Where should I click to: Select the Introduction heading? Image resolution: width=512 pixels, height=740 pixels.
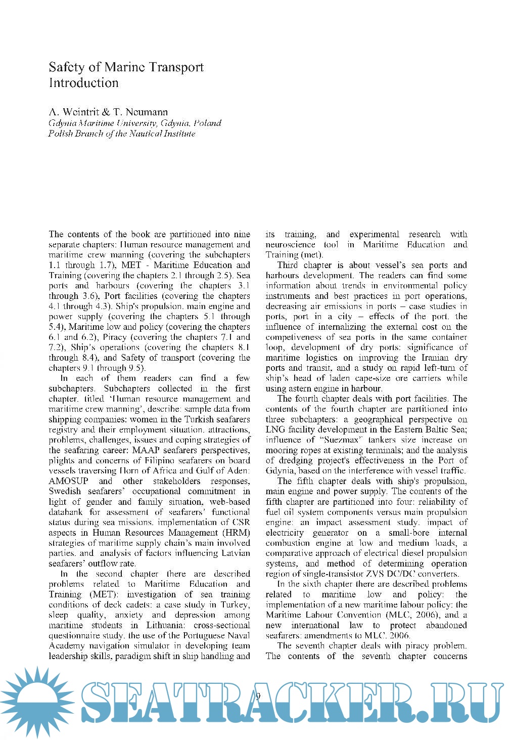83,83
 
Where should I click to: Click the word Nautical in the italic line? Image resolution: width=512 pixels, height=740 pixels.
147,134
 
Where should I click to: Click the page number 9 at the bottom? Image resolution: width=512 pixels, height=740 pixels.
258,697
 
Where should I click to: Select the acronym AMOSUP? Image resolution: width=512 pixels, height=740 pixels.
68,481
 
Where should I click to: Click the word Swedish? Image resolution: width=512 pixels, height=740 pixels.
64,491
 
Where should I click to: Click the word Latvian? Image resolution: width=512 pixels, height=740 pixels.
236,553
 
